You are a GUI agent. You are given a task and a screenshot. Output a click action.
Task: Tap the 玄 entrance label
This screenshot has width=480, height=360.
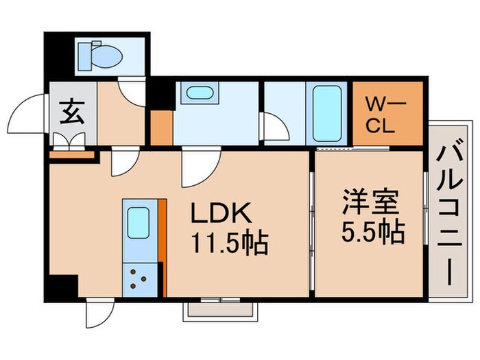pos(71,111)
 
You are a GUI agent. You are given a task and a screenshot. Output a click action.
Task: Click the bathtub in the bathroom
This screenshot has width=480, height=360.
pos(328,112)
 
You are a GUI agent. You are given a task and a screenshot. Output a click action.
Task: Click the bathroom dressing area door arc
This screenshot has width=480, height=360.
pos(274,127)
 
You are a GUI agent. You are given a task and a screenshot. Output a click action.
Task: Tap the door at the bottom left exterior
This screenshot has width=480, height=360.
pos(96,315)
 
